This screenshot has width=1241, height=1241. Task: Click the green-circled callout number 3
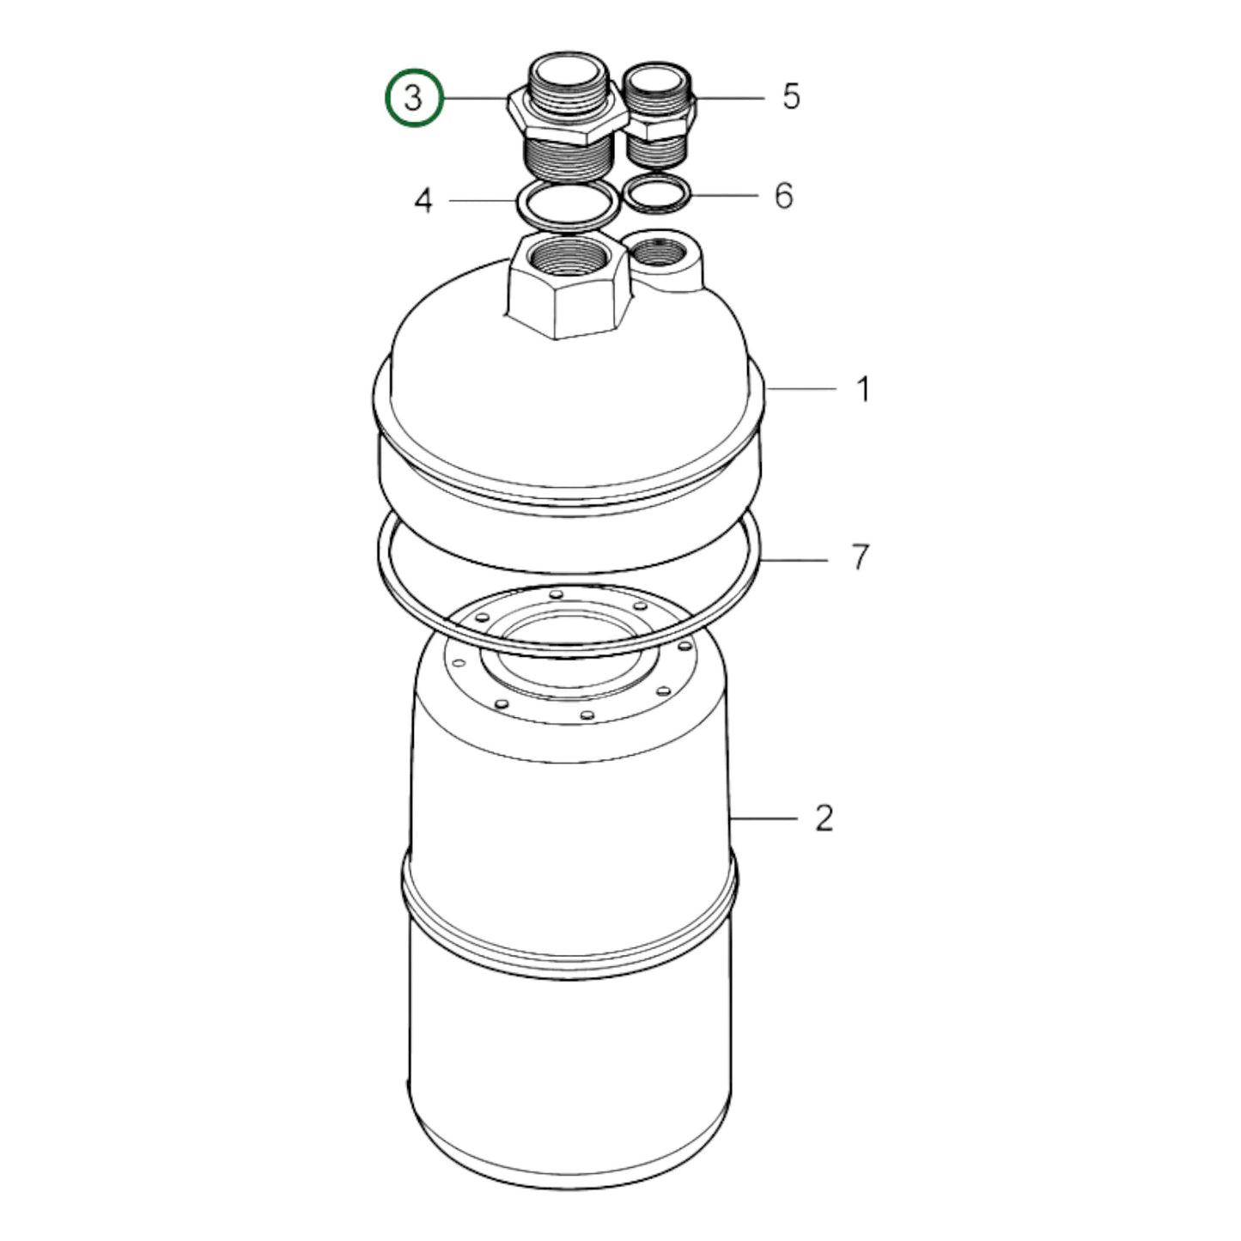pos(413,99)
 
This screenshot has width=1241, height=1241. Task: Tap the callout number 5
pos(790,96)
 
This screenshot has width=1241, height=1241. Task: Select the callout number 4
pos(423,201)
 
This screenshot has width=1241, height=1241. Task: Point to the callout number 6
pos(783,196)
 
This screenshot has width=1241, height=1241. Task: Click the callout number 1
pos(863,389)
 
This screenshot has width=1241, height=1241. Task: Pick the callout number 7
pos(860,557)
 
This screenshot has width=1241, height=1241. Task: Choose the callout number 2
pos(824,818)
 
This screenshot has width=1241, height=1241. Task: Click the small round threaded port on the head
pos(660,252)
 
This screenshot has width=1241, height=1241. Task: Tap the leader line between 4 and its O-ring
pos(481,201)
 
